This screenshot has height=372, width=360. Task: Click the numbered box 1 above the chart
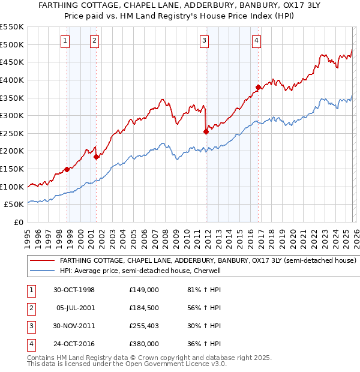tap(65, 41)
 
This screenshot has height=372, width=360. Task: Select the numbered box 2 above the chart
tap(95, 41)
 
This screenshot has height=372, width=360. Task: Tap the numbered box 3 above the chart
tap(204, 41)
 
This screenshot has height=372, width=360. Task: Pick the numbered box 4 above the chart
tap(256, 41)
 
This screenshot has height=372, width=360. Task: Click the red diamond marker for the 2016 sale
tap(257, 87)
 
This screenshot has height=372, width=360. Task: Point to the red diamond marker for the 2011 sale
tap(206, 131)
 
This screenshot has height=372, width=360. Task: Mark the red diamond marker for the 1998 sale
tap(67, 169)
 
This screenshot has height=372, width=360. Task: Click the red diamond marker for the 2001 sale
tap(96, 157)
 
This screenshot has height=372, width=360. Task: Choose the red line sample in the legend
tap(43, 261)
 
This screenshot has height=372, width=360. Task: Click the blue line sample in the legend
tap(43, 271)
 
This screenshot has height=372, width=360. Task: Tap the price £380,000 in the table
tap(143, 344)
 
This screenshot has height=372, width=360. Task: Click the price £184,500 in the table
tap(143, 307)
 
